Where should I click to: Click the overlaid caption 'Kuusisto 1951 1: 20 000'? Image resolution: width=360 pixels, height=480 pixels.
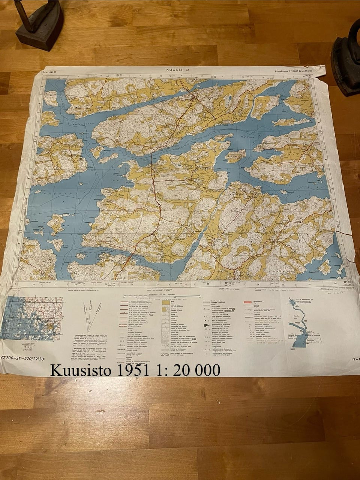[135, 370]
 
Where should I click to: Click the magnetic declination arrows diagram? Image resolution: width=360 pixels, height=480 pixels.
[90, 313]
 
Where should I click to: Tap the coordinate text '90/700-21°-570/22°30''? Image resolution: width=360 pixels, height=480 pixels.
[23, 359]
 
